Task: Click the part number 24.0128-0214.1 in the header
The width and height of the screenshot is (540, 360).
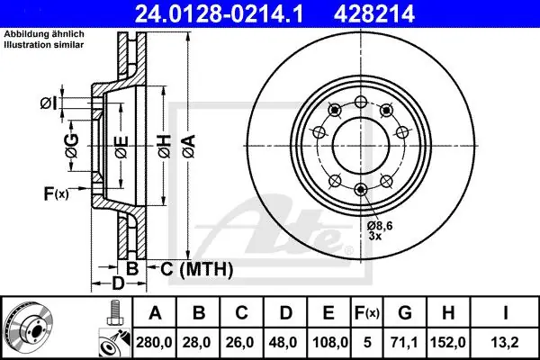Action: click(219, 14)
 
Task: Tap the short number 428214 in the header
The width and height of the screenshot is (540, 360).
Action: click(374, 14)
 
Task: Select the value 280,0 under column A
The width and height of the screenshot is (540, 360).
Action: click(154, 342)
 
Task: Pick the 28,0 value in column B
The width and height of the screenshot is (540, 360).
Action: click(197, 342)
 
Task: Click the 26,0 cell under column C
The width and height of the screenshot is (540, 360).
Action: click(240, 342)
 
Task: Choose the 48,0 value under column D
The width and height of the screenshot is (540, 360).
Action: click(283, 342)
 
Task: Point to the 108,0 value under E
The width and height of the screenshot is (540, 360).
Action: click(330, 342)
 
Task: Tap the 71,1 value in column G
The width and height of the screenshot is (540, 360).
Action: click(404, 342)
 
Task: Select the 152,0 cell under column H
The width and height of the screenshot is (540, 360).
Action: click(447, 342)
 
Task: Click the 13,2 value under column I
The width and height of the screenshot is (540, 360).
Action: click(505, 342)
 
